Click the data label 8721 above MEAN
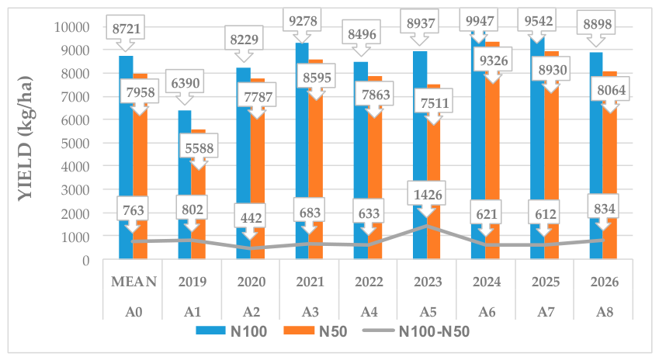pyautogui.click(x=126, y=29)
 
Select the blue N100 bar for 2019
pyautogui.click(x=185, y=185)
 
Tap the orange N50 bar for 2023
pyautogui.click(x=434, y=171)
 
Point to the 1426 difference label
pyautogui.click(x=428, y=195)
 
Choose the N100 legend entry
pyautogui.click(x=231, y=331)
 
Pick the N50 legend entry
pyautogui.click(x=316, y=331)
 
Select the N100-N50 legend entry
pyautogui.click(x=416, y=331)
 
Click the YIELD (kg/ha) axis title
pyautogui.click(x=25, y=139)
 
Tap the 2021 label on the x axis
pyautogui.click(x=310, y=282)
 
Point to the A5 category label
pyautogui.click(x=428, y=312)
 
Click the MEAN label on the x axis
pyautogui.click(x=134, y=282)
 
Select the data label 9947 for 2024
pyautogui.click(x=480, y=20)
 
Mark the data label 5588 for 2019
pyautogui.click(x=199, y=148)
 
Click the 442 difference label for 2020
pyautogui.click(x=251, y=217)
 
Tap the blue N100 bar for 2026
pyautogui.click(x=596, y=155)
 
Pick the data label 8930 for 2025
pyautogui.click(x=553, y=70)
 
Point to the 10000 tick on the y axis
pyautogui.click(x=72, y=27)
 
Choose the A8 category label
pyautogui.click(x=605, y=312)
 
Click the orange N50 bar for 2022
pyautogui.click(x=375, y=168)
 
